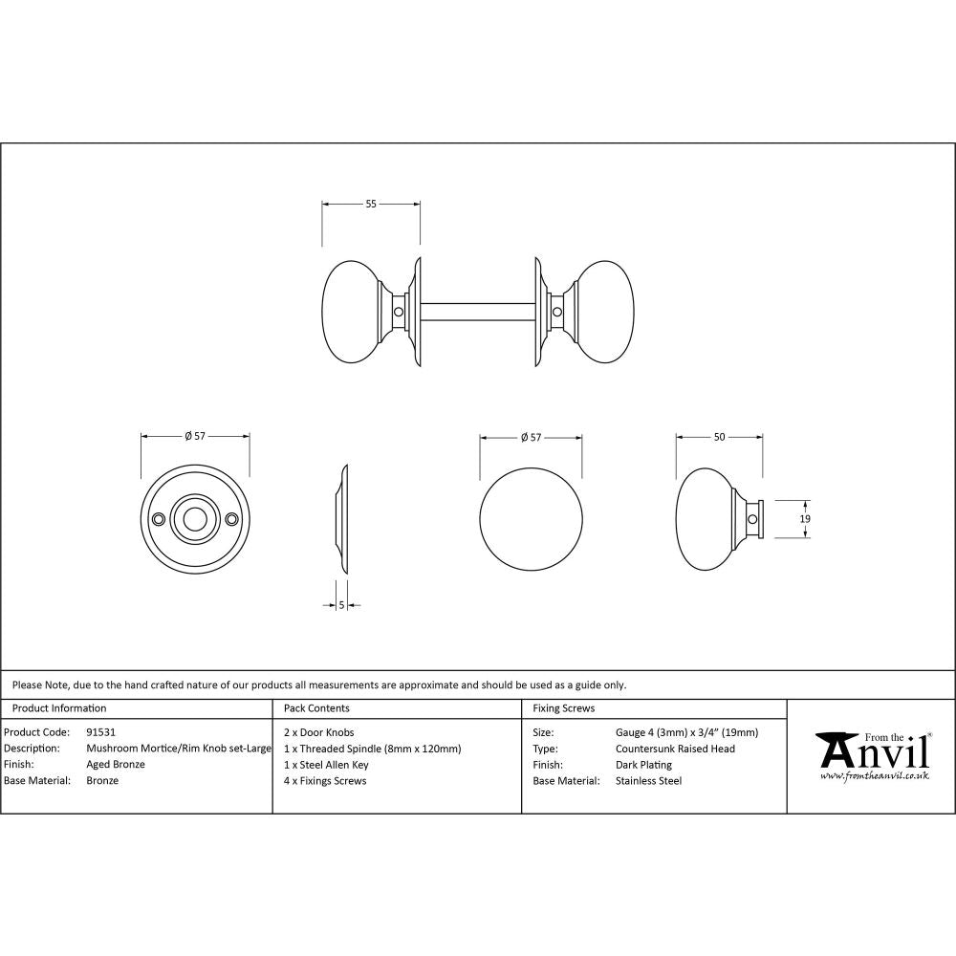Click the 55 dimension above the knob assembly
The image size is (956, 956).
point(371,204)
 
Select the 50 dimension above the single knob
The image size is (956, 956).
point(719,437)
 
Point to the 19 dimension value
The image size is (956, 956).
point(805,518)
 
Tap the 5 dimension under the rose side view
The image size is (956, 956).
point(341,605)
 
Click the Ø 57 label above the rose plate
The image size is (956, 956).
point(195,437)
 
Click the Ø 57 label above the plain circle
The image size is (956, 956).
point(531,437)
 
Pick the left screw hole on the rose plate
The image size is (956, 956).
point(158,519)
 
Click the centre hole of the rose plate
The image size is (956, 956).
point(195,519)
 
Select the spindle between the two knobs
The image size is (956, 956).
point(475,311)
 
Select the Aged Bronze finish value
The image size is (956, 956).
point(116,765)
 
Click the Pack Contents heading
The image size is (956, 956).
point(316,708)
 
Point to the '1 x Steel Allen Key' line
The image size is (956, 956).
point(326,765)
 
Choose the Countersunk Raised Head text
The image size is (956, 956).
point(675,749)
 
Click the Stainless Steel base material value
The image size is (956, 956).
point(648,781)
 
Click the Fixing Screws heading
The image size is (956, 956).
point(563,708)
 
